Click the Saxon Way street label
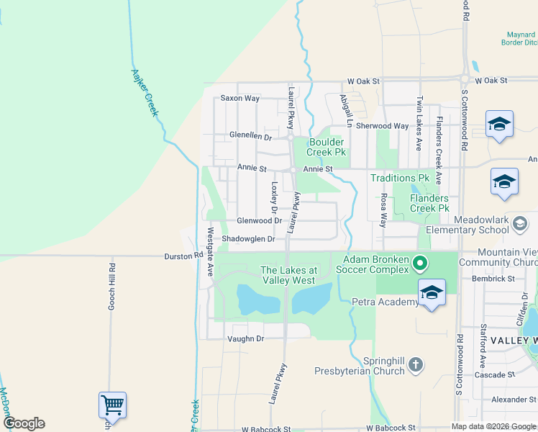click(x=240, y=98)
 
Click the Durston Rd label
click(x=178, y=256)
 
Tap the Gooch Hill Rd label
click(x=112, y=287)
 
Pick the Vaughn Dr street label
click(x=246, y=338)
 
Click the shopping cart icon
click(x=113, y=405)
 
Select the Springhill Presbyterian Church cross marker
click(x=415, y=365)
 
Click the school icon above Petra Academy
click(x=432, y=292)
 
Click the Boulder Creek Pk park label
click(x=326, y=148)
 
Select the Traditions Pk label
click(x=399, y=178)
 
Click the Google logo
click(x=24, y=423)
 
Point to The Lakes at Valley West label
click(x=287, y=275)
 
